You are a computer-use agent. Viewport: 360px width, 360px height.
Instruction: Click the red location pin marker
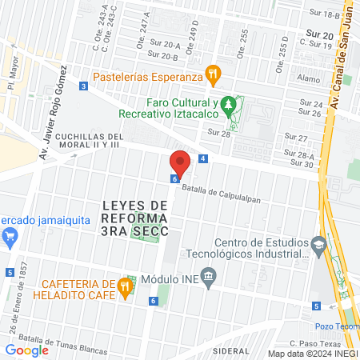(180, 163)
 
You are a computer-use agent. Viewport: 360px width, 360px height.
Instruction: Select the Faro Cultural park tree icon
(229, 104)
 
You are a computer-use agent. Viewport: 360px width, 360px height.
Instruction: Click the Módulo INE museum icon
(210, 279)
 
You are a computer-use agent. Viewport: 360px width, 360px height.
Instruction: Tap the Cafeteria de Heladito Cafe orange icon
(124, 286)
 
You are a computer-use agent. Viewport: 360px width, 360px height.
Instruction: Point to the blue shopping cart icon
(10, 235)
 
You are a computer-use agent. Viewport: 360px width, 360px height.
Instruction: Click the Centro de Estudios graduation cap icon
(319, 244)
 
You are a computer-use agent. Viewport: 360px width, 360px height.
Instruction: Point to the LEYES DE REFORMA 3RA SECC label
(136, 218)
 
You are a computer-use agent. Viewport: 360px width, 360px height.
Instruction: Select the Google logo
(27, 350)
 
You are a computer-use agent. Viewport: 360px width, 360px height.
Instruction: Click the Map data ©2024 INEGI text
(311, 353)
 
